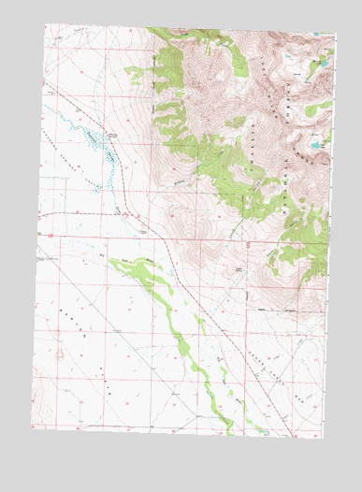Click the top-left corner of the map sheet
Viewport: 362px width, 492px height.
pyautogui.click(x=45, y=23)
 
